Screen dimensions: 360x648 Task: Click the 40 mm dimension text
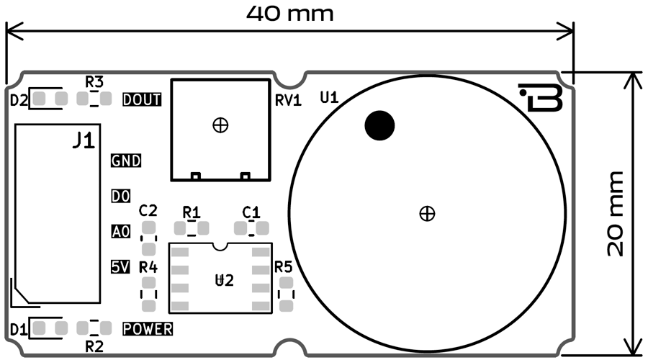[290, 12]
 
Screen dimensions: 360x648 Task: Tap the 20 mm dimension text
[614, 214]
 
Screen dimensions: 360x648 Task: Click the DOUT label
[142, 99]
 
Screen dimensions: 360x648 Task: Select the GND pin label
[126, 161]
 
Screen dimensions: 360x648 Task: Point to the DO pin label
[120, 196]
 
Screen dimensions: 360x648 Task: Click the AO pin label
[120, 231]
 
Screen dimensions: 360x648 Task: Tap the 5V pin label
[120, 266]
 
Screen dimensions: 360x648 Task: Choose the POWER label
[148, 329]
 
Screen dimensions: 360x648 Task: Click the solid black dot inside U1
[379, 126]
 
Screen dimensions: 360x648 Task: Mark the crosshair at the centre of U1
[427, 213]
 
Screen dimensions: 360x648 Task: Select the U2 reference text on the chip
[225, 281]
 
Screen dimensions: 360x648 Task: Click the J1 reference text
[84, 142]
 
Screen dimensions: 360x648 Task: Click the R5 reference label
[284, 268]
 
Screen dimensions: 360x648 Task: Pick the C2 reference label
[148, 211]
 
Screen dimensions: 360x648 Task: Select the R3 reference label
[94, 81]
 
